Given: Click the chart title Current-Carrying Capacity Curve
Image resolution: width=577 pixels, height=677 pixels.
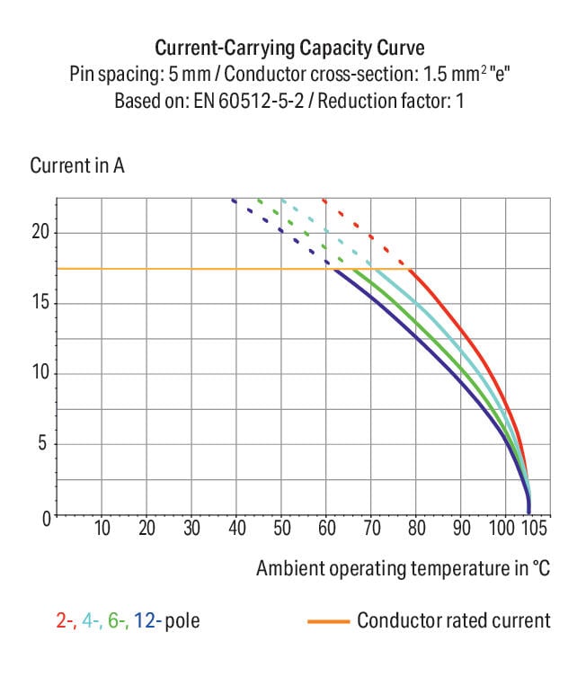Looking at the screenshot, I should tap(288, 48).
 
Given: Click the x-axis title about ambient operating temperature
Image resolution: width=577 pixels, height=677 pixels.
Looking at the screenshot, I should tap(402, 568).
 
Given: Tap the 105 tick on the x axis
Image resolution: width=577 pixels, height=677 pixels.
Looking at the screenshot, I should tap(533, 529).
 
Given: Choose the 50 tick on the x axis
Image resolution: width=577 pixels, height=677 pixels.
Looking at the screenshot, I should tap(281, 529).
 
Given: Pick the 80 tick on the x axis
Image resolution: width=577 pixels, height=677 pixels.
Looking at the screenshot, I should tap(415, 529).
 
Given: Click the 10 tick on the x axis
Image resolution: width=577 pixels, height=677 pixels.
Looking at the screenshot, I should tap(102, 529).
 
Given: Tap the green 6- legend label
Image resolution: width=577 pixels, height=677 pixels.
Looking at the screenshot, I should tap(119, 620).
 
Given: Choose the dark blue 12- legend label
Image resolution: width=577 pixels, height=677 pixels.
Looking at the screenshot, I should tap(148, 620).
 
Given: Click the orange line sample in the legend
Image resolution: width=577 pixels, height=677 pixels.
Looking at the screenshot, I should tap(327, 620).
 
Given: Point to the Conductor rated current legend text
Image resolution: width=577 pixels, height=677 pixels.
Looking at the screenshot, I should tap(453, 620).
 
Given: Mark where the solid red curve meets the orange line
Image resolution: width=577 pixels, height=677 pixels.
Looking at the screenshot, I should tap(412, 269).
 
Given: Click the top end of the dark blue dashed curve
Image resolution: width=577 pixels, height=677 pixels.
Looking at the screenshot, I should tap(234, 200).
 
